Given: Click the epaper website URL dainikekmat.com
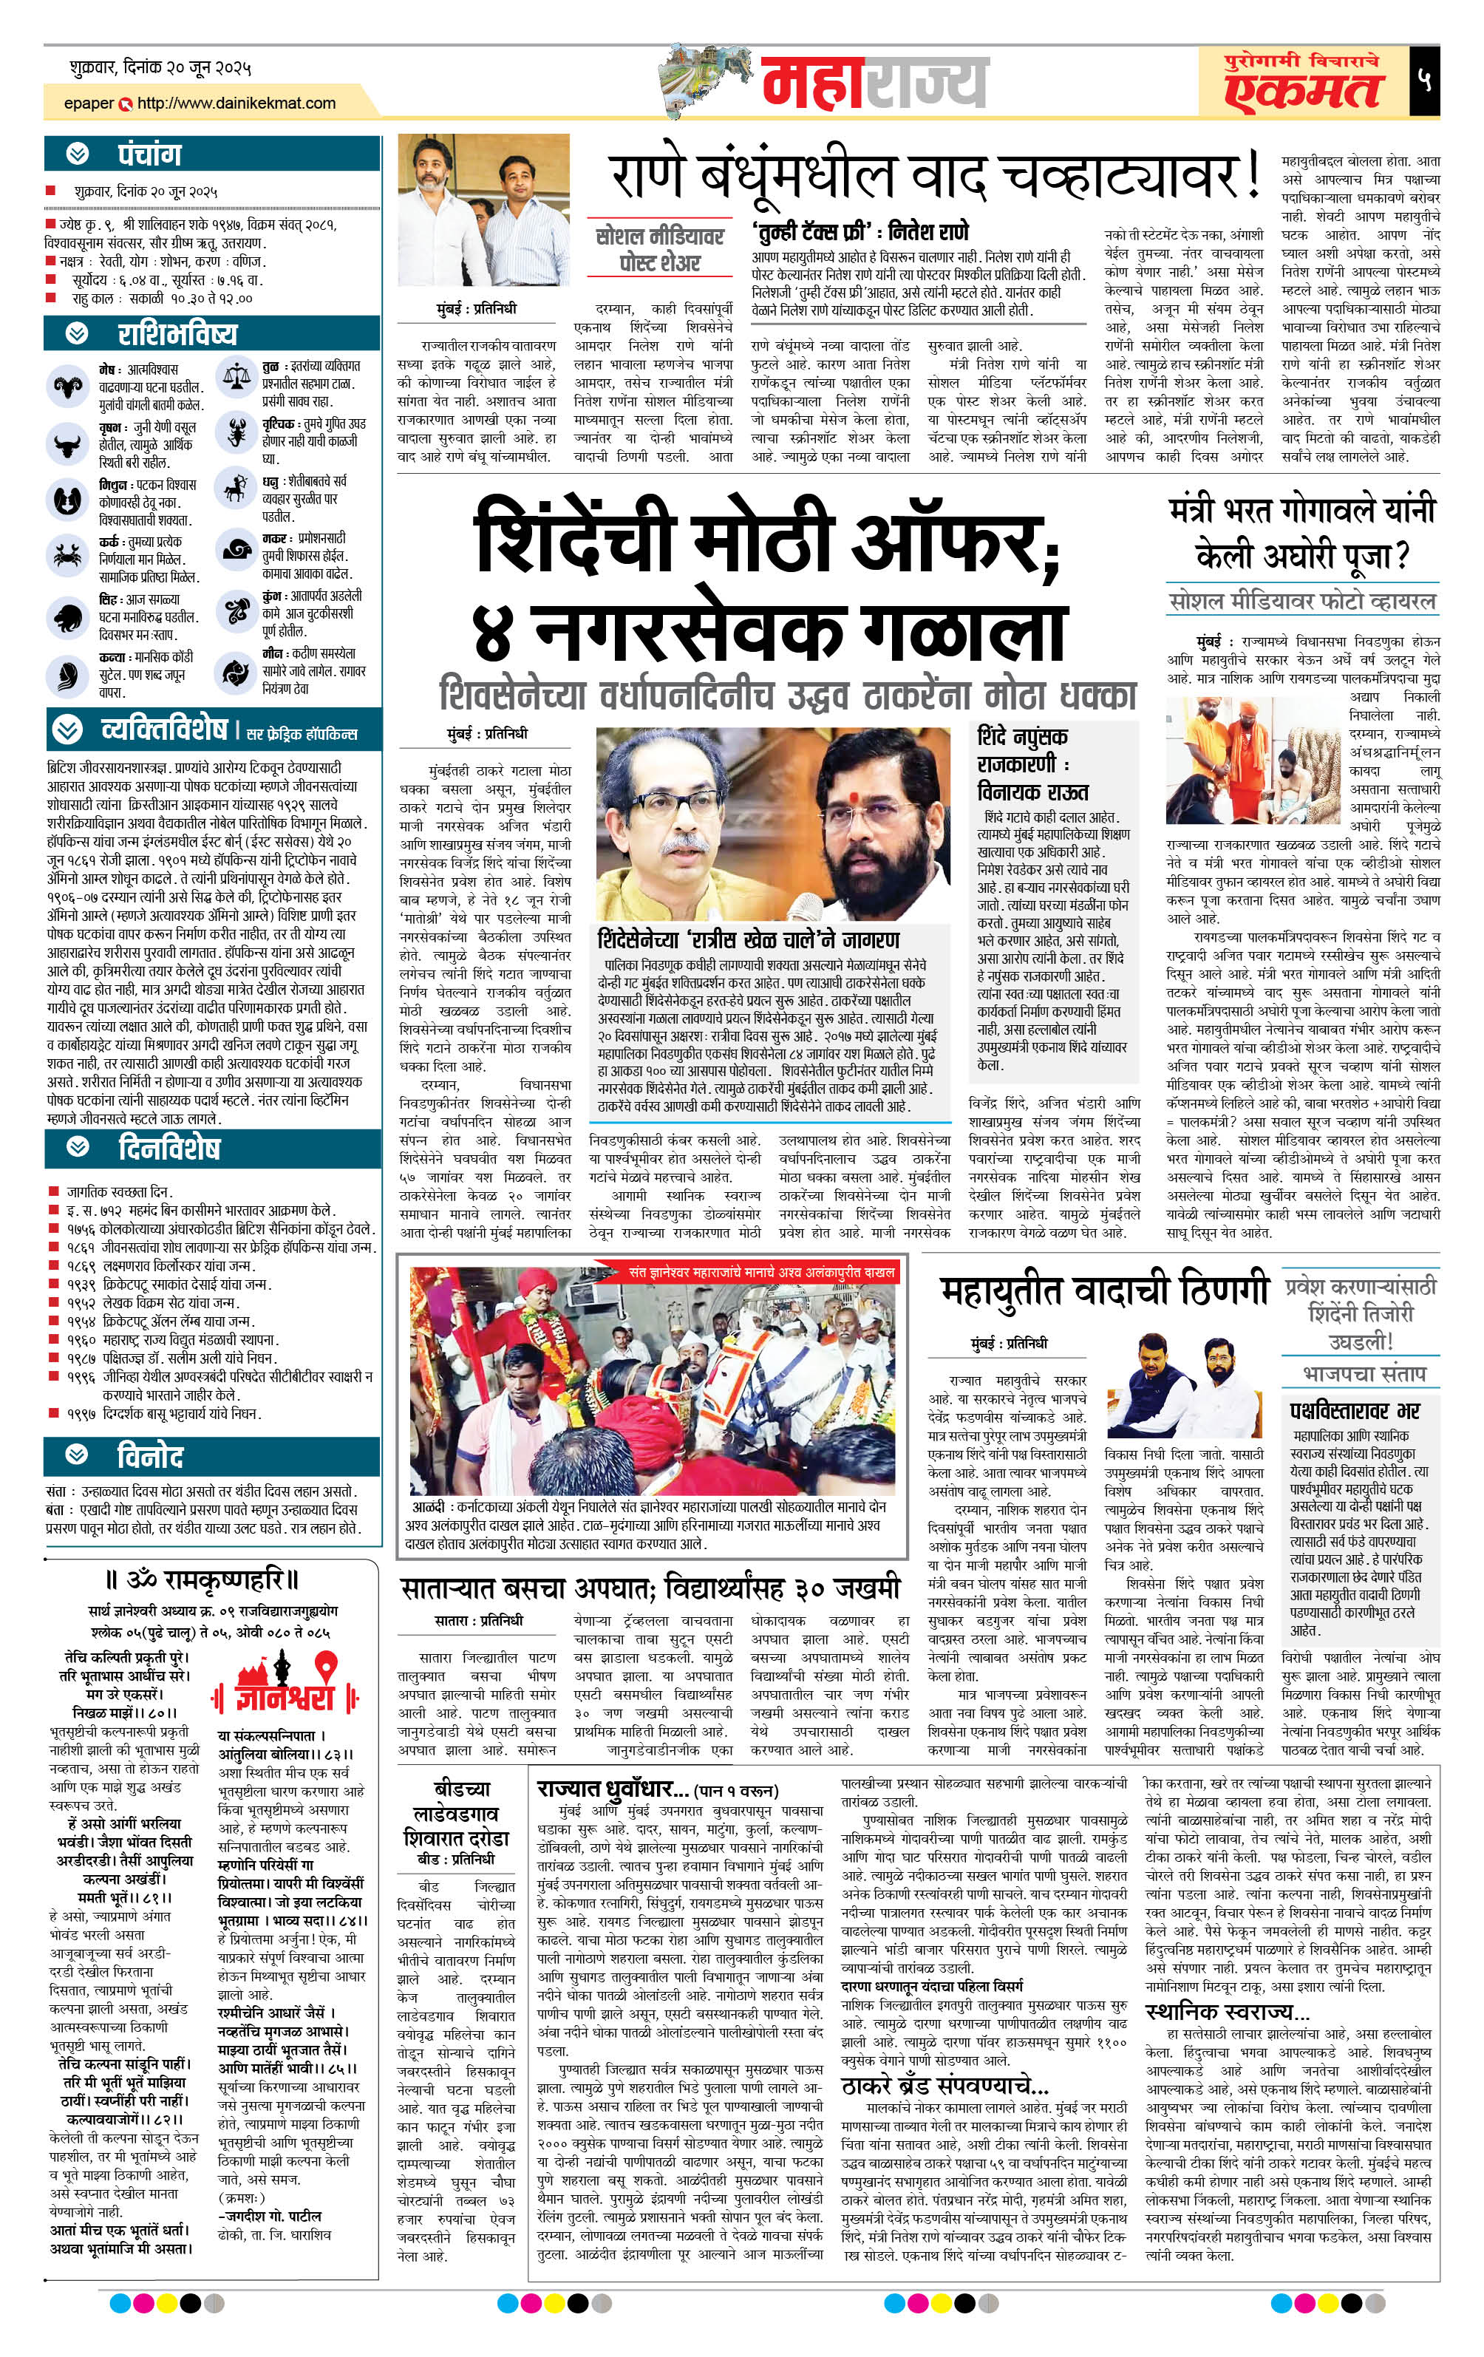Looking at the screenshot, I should pos(236,103).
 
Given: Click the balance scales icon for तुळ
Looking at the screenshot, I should pos(236,375).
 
